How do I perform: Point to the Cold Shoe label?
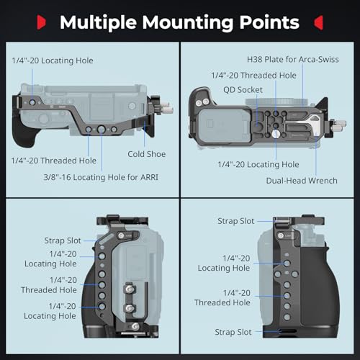(x=146, y=154)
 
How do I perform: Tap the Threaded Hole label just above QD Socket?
(x=253, y=75)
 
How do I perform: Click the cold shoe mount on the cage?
(x=153, y=130)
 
